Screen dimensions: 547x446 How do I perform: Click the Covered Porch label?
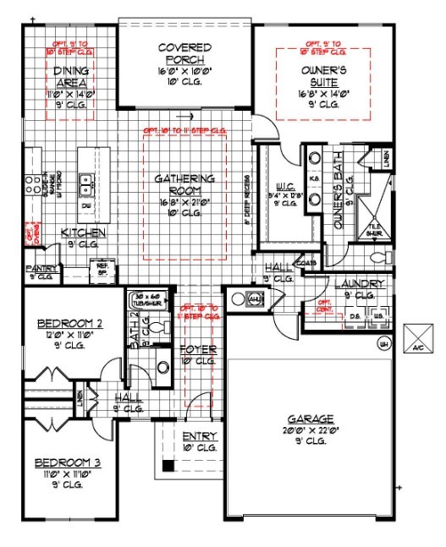coord(184,53)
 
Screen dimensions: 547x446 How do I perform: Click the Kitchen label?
coord(82,232)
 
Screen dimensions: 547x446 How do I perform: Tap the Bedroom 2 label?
coord(70,323)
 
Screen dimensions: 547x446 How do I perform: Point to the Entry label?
coord(200,436)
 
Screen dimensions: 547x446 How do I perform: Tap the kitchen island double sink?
coord(86,180)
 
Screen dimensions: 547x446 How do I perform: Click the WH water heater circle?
coord(383,343)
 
